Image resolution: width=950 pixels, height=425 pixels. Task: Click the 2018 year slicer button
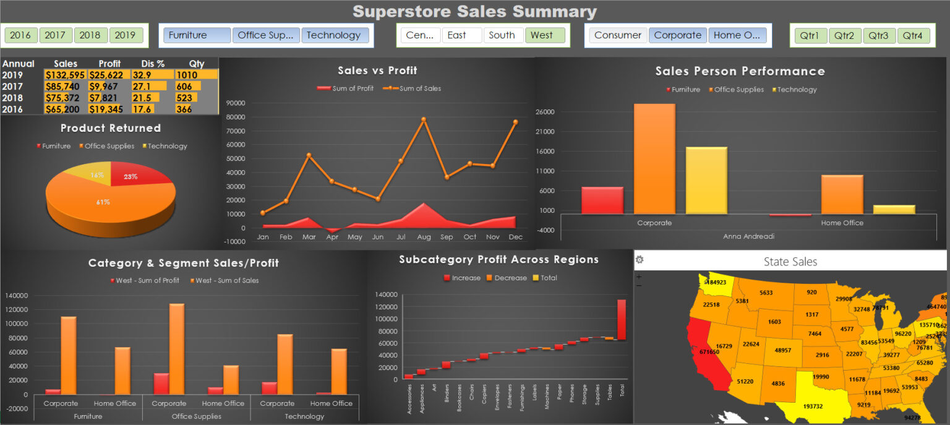(x=90, y=35)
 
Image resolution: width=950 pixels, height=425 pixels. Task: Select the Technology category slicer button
(x=334, y=35)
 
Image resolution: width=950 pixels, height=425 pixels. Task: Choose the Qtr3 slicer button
(x=878, y=35)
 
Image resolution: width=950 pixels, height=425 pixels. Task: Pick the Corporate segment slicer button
(x=677, y=35)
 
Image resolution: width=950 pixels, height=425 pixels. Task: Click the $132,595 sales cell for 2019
(x=65, y=75)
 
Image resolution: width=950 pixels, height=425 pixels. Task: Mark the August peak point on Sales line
(x=424, y=119)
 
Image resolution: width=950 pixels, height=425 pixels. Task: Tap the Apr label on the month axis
(x=332, y=237)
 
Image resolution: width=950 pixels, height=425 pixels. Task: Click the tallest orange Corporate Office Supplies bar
(x=654, y=158)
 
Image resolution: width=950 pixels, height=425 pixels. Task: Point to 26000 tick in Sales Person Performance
(x=546, y=112)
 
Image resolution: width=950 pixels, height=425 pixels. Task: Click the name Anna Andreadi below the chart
(x=748, y=236)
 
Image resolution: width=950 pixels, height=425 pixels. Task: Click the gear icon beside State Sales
(x=640, y=260)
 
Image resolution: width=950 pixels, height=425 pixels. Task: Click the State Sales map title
(x=790, y=262)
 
